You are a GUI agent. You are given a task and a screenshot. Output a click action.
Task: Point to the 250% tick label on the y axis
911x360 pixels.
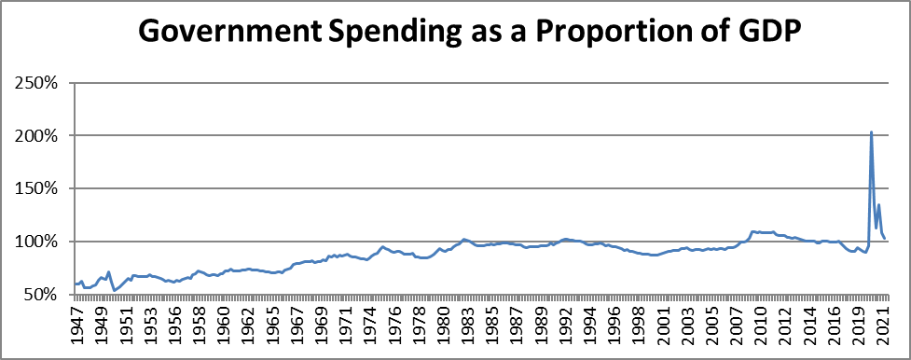[38, 83]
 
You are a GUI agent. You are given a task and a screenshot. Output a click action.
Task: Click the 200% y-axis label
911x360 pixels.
[38, 136]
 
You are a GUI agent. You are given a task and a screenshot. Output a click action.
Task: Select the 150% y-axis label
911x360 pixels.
[38, 189]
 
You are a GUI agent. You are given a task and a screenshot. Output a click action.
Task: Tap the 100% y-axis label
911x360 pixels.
[38, 242]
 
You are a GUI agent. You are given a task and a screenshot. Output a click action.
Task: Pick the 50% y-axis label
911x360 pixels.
[42, 295]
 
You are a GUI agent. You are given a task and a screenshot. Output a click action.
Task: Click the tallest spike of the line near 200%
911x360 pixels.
[871, 132]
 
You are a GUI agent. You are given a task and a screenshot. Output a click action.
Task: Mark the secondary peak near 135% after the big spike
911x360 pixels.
[878, 205]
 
